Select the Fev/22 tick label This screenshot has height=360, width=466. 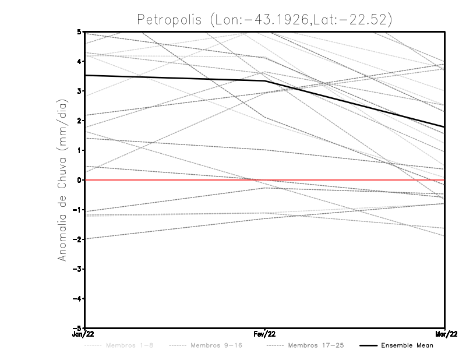(x=265, y=334)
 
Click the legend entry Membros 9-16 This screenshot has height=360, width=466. (x=216, y=346)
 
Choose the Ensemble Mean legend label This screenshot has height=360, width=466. (x=407, y=346)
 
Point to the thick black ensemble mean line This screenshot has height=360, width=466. (x=175, y=78)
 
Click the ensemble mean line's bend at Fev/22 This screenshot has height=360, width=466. (x=265, y=81)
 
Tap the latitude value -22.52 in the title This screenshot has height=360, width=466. (x=367, y=19)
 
